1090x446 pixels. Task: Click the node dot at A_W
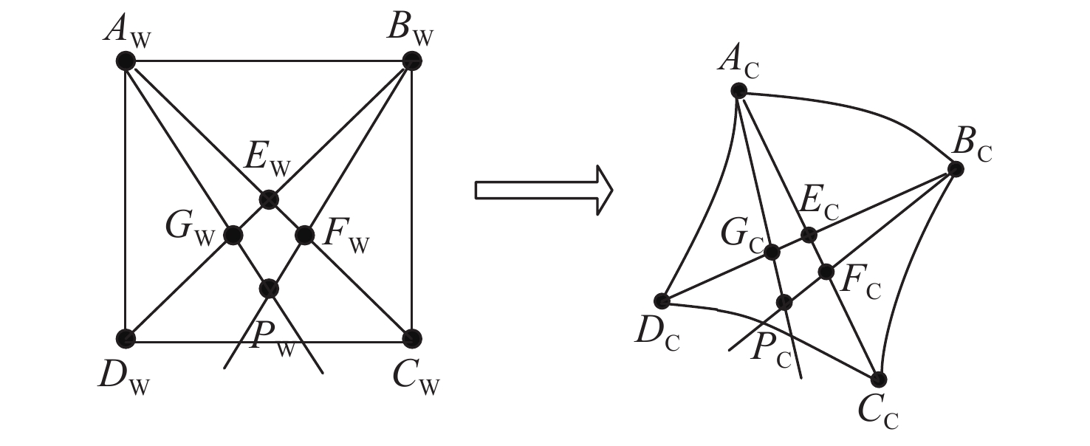point(126,61)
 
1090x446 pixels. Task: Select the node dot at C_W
point(411,338)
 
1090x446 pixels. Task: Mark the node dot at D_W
point(126,338)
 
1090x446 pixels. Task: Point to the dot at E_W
point(269,199)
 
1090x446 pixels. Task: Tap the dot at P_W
point(269,288)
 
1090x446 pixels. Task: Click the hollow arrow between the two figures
point(543,191)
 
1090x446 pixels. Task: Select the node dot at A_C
point(738,91)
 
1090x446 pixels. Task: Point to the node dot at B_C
point(956,169)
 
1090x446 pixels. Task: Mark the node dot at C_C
point(878,380)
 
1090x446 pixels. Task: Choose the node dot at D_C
point(662,301)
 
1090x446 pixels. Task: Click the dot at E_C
point(809,236)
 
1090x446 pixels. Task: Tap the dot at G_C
point(772,253)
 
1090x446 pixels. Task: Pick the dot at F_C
point(826,272)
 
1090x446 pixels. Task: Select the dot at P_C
point(785,302)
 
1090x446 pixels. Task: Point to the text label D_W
point(123,377)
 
